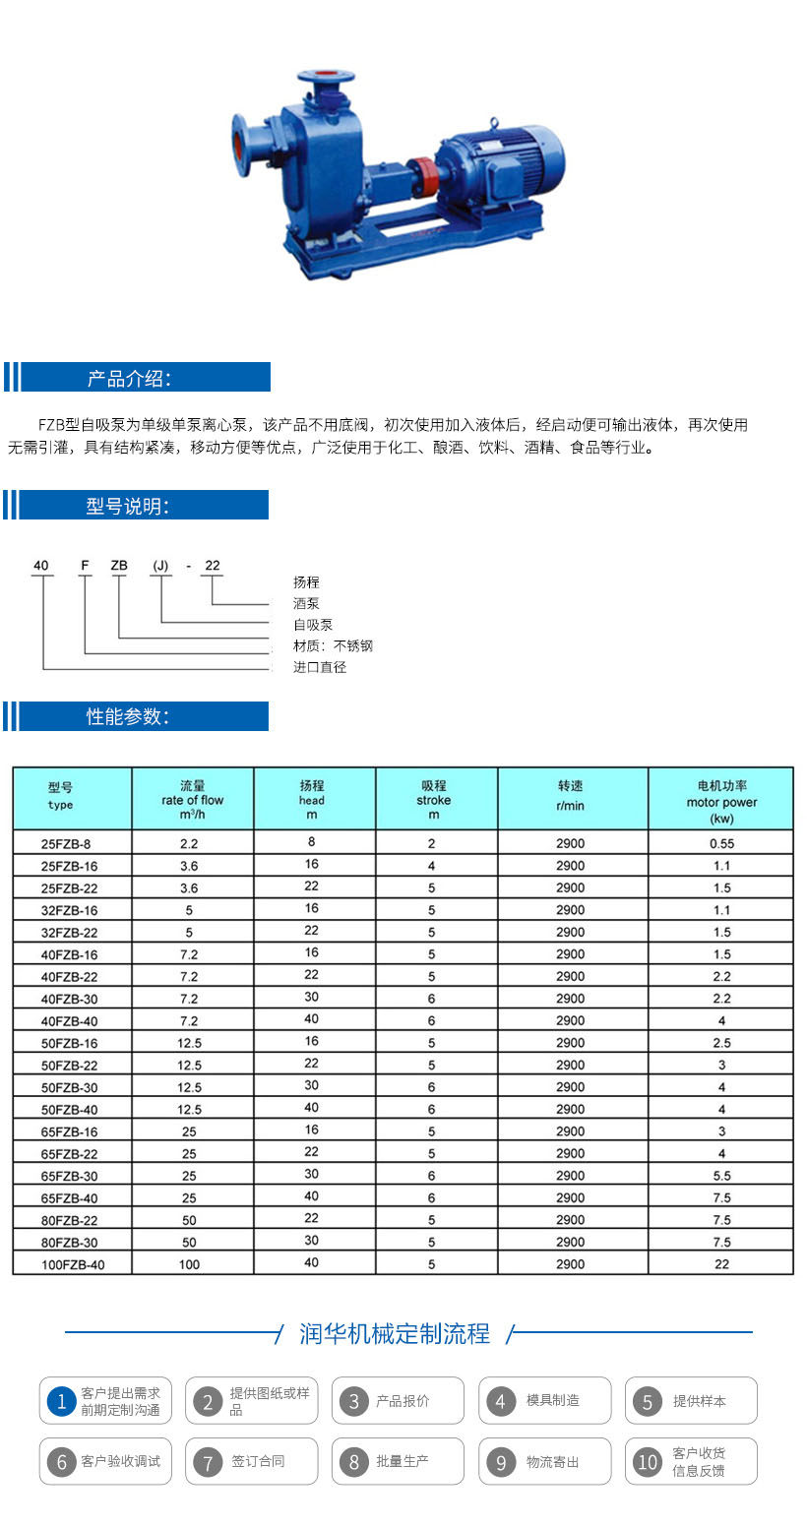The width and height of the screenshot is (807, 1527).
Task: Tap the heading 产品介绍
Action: pyautogui.click(x=129, y=378)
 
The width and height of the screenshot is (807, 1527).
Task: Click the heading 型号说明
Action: pyautogui.click(x=128, y=507)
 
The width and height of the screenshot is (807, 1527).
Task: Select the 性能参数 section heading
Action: pyautogui.click(x=128, y=716)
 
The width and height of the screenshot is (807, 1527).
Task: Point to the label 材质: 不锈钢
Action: pyautogui.click(x=333, y=645)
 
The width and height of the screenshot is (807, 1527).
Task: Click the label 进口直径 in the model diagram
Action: pyautogui.click(x=320, y=667)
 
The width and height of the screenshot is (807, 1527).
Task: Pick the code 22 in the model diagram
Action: pyautogui.click(x=212, y=566)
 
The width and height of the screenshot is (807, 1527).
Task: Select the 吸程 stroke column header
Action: pyautogui.click(x=434, y=799)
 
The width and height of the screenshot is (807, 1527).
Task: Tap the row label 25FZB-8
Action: pyautogui.click(x=71, y=843)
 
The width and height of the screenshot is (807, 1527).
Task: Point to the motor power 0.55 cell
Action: pyautogui.click(x=721, y=843)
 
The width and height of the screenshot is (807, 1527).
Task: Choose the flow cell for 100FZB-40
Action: pyautogui.click(x=189, y=1264)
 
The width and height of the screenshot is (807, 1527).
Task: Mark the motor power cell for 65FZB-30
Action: pyautogui.click(x=721, y=1176)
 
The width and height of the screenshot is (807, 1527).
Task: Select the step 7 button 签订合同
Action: pyautogui.click(x=251, y=1462)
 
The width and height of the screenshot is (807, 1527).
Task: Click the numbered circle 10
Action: pyautogui.click(x=648, y=1462)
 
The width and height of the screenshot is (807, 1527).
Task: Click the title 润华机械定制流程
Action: pyautogui.click(x=395, y=1333)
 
